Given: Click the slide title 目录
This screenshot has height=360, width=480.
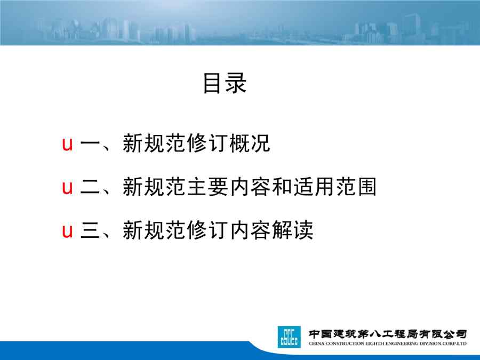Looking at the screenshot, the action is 225,83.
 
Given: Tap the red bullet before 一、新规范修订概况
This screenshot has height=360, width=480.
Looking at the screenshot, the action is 67,144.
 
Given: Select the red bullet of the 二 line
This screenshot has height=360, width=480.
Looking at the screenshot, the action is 67,187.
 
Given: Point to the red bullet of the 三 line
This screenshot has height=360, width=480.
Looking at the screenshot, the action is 67,230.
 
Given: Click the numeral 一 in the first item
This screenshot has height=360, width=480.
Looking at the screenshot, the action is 90,143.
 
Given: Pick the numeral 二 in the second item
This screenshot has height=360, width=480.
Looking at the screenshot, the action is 90,187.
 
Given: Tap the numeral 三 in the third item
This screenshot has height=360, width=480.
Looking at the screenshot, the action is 90,230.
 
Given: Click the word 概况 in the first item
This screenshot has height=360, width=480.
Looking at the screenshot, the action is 250,143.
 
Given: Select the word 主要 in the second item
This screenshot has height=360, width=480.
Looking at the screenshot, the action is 207,187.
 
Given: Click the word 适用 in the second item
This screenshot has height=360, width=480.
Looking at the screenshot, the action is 314,187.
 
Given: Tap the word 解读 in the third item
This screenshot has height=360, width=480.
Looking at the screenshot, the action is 292,230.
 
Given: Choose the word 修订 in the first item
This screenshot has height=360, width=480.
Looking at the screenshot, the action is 207,143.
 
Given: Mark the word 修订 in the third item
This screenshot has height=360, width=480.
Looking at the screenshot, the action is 207,230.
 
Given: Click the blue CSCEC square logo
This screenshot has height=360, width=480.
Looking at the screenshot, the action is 289,337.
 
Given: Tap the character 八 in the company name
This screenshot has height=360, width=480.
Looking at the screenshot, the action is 375,333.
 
